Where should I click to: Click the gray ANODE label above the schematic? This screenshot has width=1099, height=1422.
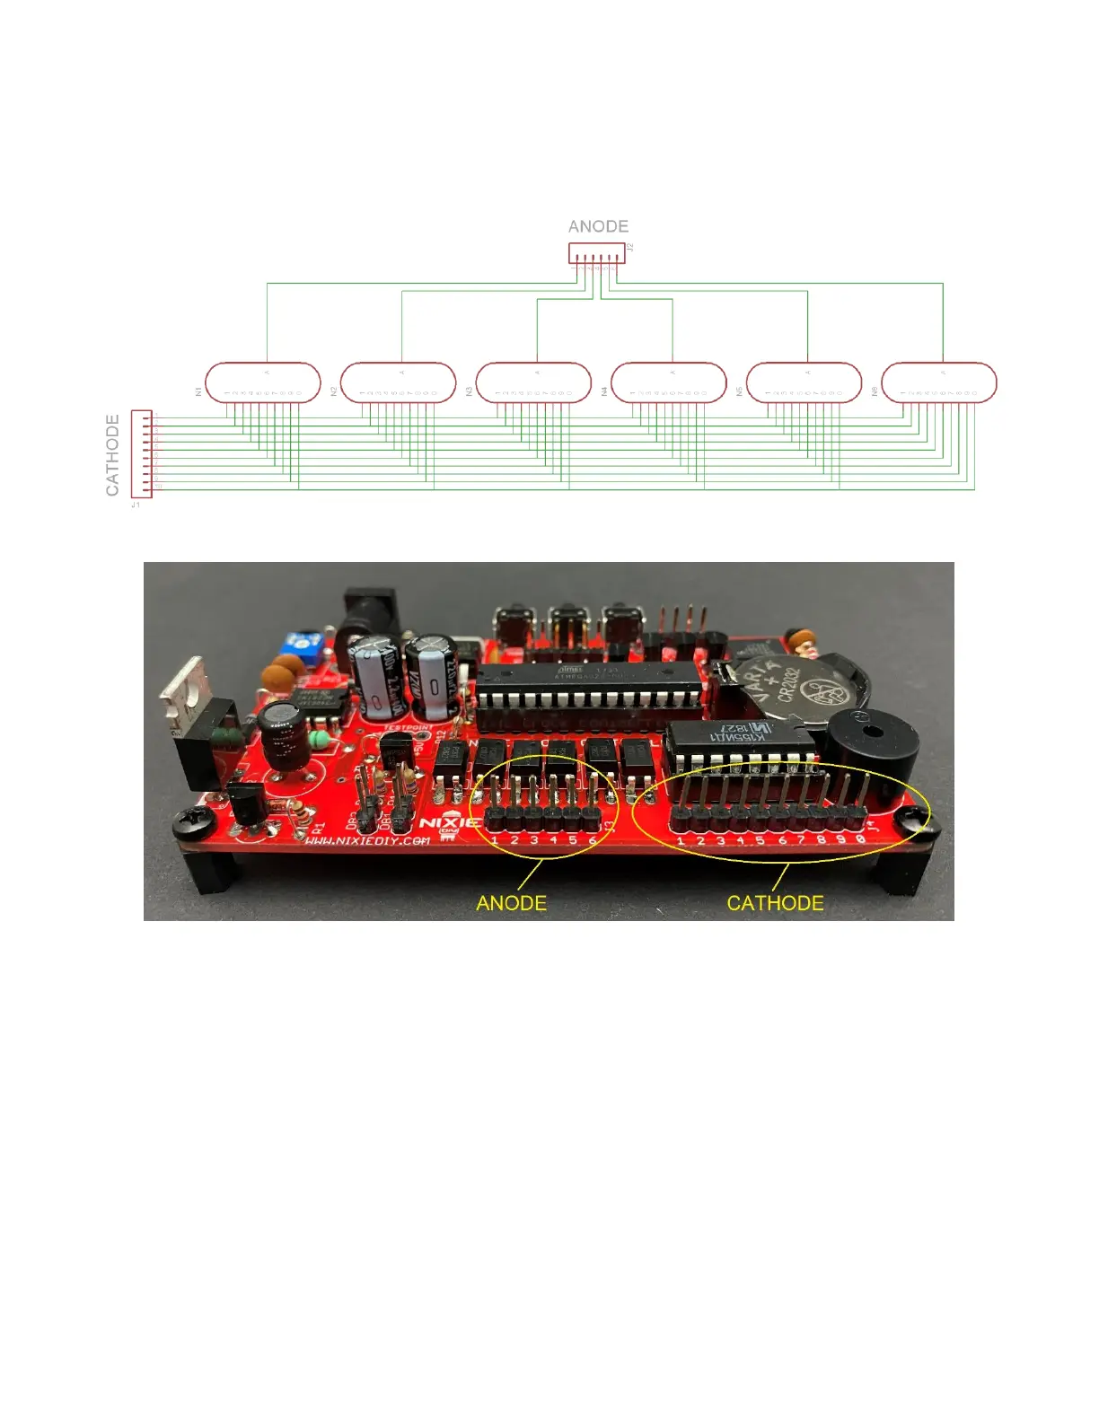[598, 226]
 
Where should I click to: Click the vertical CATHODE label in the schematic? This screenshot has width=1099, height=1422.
[112, 454]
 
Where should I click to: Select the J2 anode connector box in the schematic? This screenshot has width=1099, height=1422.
[596, 253]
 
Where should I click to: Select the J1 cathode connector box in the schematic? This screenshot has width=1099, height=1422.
[141, 453]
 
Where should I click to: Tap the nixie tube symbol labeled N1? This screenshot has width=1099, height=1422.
[263, 382]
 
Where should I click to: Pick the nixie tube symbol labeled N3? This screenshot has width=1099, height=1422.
[533, 382]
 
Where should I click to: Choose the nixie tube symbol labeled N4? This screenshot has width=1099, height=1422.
[669, 382]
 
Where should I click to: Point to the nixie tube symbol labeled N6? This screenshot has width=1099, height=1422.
[939, 382]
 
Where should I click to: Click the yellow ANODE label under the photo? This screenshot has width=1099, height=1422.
[511, 903]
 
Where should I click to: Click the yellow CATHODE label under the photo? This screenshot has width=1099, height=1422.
[775, 903]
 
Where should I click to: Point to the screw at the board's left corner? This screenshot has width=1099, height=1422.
[191, 818]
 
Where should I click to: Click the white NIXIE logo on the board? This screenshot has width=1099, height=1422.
[449, 822]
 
